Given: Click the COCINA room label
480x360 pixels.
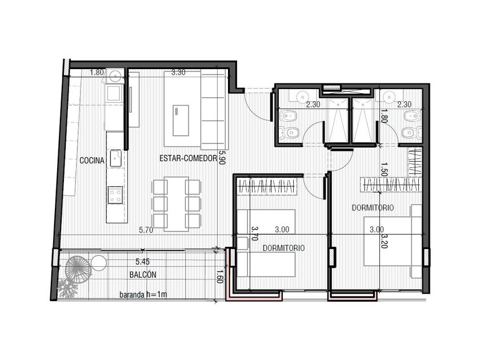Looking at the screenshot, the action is pyautogui.click(x=92, y=161).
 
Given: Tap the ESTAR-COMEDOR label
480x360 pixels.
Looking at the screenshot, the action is pyautogui.click(x=188, y=159).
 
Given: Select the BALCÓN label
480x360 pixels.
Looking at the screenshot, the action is pyautogui.click(x=143, y=275).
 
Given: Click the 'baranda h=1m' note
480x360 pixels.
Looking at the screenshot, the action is pyautogui.click(x=143, y=295).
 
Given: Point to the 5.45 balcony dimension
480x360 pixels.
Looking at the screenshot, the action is pyautogui.click(x=143, y=262).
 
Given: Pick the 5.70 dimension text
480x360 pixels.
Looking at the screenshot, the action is pyautogui.click(x=146, y=230).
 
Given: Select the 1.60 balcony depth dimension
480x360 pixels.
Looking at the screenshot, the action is pyautogui.click(x=218, y=276).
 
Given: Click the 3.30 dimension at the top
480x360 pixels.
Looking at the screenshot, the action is pyautogui.click(x=178, y=73).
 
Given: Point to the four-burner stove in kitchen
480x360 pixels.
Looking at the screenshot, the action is pyautogui.click(x=115, y=195).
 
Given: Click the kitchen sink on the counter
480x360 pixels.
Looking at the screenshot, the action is pyautogui.click(x=116, y=158).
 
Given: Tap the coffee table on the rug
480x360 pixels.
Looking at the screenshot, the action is pyautogui.click(x=181, y=121).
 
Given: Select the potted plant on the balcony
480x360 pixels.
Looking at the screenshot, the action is pyautogui.click(x=67, y=288).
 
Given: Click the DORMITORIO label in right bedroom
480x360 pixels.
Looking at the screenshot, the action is pyautogui.click(x=373, y=207).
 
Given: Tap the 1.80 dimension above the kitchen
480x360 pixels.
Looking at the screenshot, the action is pyautogui.click(x=97, y=73).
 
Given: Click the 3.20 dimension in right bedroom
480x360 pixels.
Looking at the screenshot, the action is pyautogui.click(x=385, y=241).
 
